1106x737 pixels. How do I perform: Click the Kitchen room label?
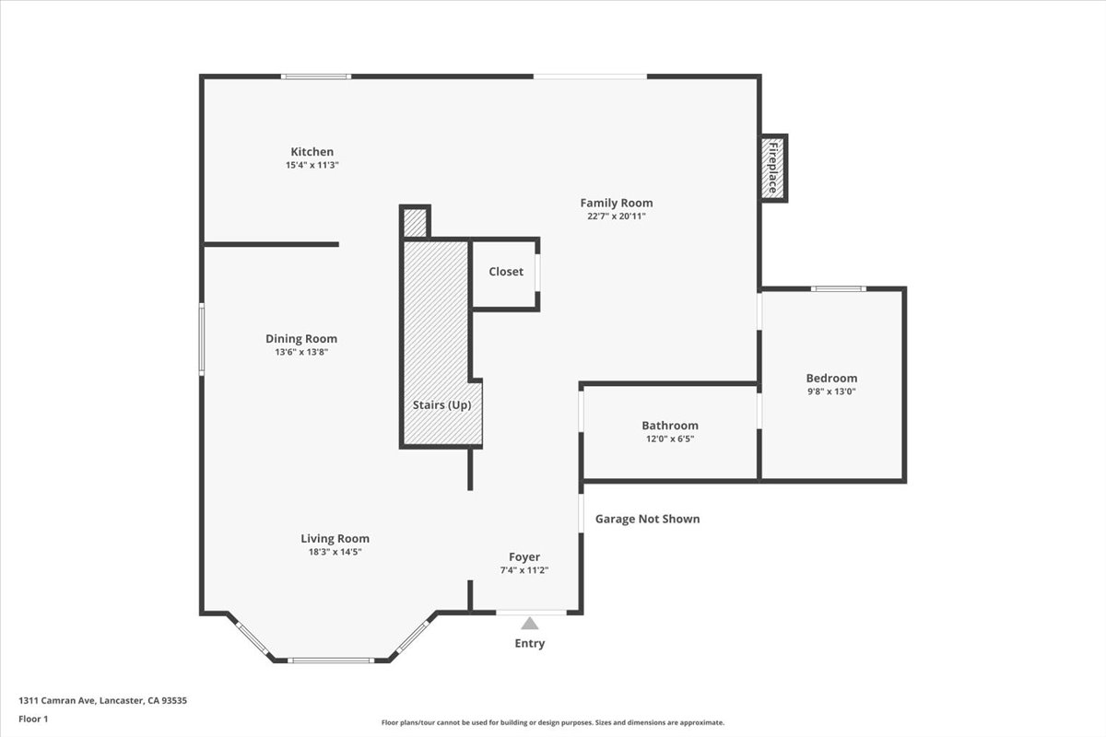coord(312,152)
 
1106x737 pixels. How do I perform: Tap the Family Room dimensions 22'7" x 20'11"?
coord(617,216)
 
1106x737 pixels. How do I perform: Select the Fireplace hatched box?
coord(772,169)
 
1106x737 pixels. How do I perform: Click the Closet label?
coord(506,272)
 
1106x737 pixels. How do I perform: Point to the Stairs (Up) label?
coord(441,405)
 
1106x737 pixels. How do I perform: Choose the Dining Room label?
coord(301,339)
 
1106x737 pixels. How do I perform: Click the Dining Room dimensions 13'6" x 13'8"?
coord(301,352)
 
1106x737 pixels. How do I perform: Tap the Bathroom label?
coord(670,426)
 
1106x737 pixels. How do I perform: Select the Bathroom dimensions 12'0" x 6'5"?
coord(670,439)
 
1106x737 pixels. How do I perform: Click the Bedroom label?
coord(831,378)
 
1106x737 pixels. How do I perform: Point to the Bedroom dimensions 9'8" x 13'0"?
coord(831,392)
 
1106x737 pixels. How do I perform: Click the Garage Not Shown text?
coord(647,520)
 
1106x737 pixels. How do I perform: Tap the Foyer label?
coord(524,556)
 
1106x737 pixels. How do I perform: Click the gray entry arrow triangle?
coord(529,624)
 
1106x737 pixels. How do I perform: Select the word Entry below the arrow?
coord(529,643)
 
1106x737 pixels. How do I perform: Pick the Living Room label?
coord(335,539)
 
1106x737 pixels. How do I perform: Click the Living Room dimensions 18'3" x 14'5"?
coord(335,552)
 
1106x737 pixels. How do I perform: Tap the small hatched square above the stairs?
coord(415,223)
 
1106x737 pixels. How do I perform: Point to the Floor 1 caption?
coord(34,719)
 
